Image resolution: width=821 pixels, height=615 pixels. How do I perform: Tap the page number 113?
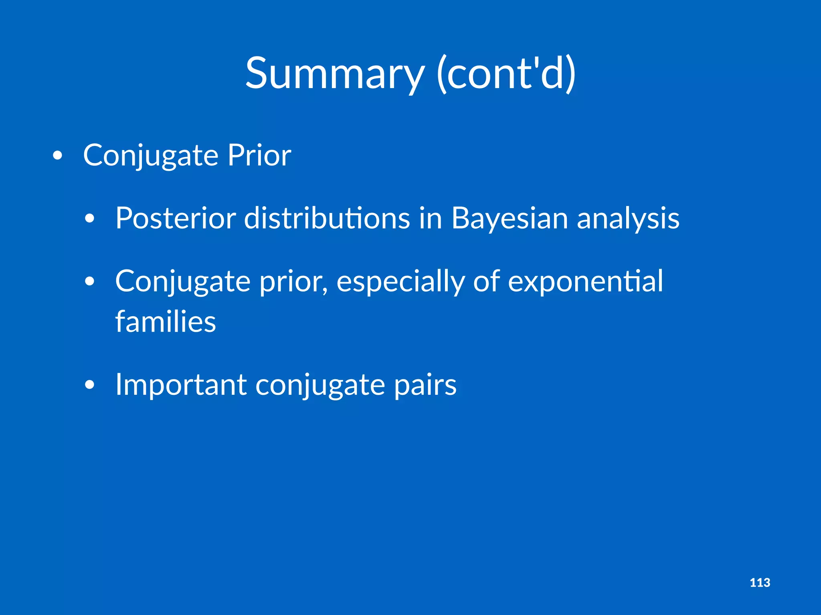760,583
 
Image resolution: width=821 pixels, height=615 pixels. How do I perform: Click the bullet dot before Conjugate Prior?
58,156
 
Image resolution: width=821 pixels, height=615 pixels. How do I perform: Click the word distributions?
327,218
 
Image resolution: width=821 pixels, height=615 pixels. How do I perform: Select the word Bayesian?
510,218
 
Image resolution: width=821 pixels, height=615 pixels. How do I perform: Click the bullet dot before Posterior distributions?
90,219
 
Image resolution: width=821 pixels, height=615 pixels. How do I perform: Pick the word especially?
400,281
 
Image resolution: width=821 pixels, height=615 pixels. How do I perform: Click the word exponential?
585,281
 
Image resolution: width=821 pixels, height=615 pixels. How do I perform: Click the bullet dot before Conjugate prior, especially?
90,282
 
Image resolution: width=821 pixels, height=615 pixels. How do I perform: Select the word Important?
180,385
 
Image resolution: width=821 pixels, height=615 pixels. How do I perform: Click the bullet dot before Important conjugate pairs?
90,385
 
